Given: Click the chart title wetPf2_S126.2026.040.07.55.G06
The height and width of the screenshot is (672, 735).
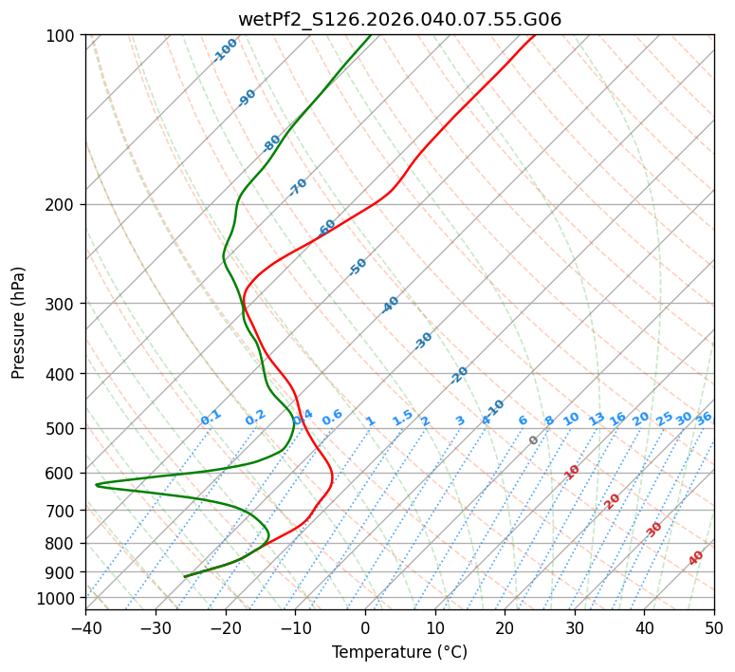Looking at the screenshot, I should pos(399,19).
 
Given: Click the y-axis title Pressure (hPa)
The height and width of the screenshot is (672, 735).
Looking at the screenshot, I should pos(19,323).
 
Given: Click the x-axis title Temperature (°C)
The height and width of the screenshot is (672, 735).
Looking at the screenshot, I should pos(399,653).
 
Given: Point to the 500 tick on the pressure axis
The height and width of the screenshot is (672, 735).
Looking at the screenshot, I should pos(63,428).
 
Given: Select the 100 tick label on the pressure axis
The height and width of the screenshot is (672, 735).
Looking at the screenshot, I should pos(63,35).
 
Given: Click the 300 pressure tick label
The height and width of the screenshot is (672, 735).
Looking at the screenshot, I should pos(63,304).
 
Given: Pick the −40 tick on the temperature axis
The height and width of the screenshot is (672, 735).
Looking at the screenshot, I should pos(85,627).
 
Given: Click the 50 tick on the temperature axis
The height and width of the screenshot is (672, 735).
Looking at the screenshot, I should pos(714,627).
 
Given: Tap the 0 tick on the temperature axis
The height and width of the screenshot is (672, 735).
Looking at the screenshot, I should pos(365,627).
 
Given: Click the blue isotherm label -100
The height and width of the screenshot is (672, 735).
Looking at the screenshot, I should pos(225,50).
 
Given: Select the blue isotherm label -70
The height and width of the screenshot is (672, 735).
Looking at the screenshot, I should pos(298,187).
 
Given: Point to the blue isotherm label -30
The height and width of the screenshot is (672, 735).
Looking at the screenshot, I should pos(423,341).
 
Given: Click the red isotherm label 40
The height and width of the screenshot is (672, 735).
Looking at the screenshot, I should pos(696,558).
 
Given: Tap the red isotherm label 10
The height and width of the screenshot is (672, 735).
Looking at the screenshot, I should pos(572,472).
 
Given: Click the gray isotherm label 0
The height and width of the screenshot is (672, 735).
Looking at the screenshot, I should pos(534,440).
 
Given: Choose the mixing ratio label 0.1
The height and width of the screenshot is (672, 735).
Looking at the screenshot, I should pos(211,418).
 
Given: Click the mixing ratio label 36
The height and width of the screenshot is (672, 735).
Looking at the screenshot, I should pos(704,418).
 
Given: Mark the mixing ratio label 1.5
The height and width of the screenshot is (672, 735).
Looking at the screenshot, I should pos(402,418).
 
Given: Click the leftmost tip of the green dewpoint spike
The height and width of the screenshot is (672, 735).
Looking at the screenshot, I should pos(96,485).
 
